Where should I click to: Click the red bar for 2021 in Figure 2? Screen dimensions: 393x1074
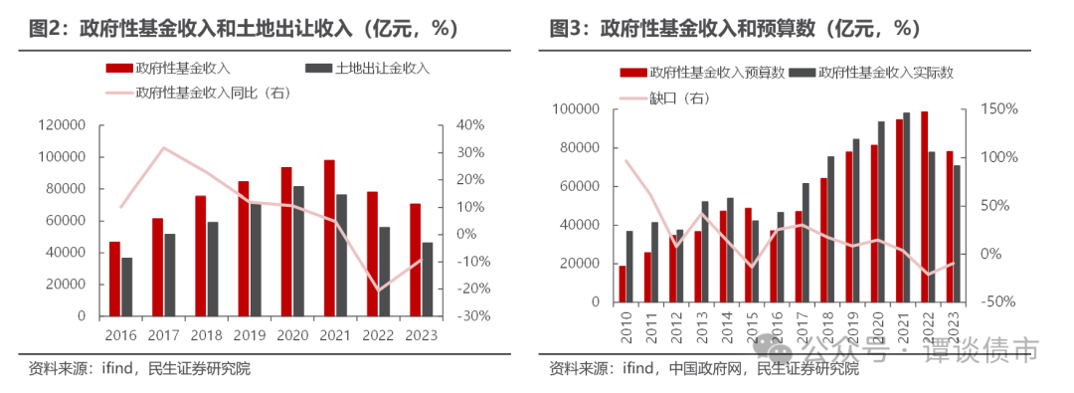click(328, 238)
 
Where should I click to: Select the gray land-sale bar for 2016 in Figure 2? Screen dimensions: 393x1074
click(126, 287)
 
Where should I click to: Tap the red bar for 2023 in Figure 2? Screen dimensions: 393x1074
click(415, 260)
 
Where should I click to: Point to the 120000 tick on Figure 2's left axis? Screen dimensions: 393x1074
click(62, 125)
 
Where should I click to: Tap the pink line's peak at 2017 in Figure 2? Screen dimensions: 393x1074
click(164, 147)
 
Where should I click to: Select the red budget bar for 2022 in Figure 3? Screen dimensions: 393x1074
click(924, 207)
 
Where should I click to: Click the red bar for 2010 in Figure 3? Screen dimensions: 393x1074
click(623, 284)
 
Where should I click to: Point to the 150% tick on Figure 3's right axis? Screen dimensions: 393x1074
click(996, 108)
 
